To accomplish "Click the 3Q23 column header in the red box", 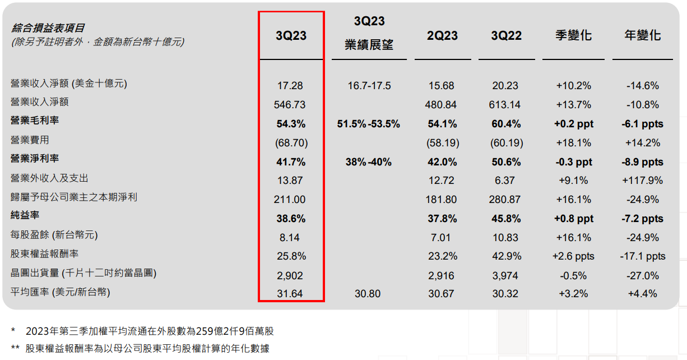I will coord(291,36).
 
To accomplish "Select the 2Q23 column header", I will coord(442,36).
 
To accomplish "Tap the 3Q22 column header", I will coord(507,36).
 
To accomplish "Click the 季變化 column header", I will coord(574,35).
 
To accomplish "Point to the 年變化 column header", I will coord(643,35).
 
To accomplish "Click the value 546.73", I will coord(291,105).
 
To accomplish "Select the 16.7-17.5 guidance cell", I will coord(369,86).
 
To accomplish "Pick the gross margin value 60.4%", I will coord(507,124).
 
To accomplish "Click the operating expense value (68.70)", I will coord(291,143).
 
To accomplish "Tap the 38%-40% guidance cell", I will coord(369,162).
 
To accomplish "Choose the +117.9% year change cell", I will coord(643,181).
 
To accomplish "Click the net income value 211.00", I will coord(291,200).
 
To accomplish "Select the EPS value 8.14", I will coord(291,238).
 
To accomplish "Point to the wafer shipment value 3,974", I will coord(507,276).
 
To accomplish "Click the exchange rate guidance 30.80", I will coord(369,293).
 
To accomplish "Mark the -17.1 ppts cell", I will coord(643,256).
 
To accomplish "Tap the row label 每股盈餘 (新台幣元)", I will coord(58,235).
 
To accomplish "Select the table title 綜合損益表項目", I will coord(48,28).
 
